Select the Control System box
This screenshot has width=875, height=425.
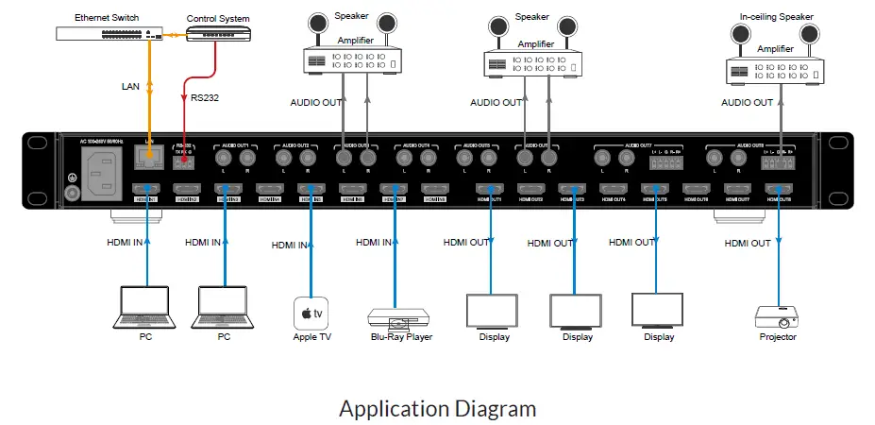point(218,34)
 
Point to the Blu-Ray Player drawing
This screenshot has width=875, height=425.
point(396,316)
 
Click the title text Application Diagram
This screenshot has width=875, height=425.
point(437,408)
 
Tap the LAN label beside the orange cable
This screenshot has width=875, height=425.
point(131,86)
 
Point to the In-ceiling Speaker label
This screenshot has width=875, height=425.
point(775,16)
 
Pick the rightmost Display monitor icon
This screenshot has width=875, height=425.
point(658,310)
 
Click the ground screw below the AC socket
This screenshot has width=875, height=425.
point(70,194)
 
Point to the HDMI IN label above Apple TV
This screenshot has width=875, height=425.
point(291,246)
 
